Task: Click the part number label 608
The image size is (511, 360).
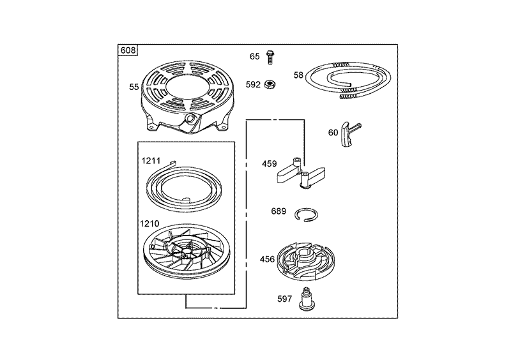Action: [x=128, y=50]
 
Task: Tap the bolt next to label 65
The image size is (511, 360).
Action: [x=270, y=57]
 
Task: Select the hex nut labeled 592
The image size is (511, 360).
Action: [x=270, y=84]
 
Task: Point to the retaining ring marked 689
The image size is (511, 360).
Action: [x=307, y=215]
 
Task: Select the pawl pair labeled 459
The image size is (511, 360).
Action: [x=301, y=174]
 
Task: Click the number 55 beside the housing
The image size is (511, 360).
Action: [x=134, y=87]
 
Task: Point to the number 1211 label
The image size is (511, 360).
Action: [x=151, y=161]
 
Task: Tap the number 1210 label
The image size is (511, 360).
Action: [x=149, y=223]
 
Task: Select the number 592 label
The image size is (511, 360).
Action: [x=253, y=85]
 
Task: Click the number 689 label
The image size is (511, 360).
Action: [x=278, y=211]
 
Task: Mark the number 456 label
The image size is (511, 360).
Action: [x=267, y=259]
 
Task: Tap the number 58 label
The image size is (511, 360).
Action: [x=298, y=75]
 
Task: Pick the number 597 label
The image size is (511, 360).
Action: [x=284, y=299]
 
